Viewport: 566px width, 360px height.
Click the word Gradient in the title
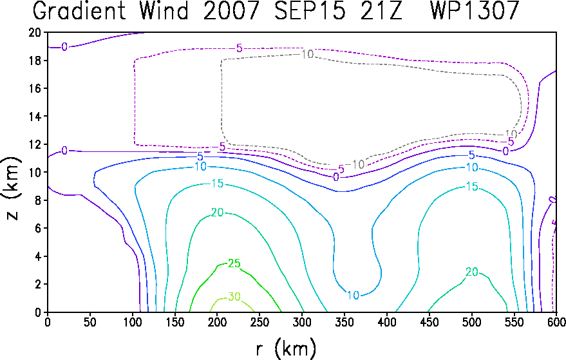pos(79,10)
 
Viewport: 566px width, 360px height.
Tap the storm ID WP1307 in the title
pos(475,10)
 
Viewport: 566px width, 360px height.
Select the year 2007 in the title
pos(231,10)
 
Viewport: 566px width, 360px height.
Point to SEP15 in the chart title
pos(309,10)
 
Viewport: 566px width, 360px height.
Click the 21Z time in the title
pos(381,10)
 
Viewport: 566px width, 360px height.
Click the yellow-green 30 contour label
pos(234,297)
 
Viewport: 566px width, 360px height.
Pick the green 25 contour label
pos(234,263)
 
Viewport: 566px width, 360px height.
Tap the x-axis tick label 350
pos(344,322)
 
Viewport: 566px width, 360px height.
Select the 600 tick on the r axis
pos(556,322)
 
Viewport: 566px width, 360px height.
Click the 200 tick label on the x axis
pos(217,322)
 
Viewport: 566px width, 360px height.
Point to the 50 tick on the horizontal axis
pos(90,322)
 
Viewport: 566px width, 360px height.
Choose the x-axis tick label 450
pos(429,322)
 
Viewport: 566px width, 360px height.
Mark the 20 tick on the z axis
pos(35,32)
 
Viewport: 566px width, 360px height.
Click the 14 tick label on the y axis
pos(35,117)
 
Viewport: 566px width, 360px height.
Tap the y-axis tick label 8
pos(38,200)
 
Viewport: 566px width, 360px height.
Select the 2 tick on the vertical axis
pos(38,284)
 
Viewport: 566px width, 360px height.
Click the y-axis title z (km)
pos(13,188)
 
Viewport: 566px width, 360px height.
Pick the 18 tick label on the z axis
pos(35,61)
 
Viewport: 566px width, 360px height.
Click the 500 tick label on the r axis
pos(471,322)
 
